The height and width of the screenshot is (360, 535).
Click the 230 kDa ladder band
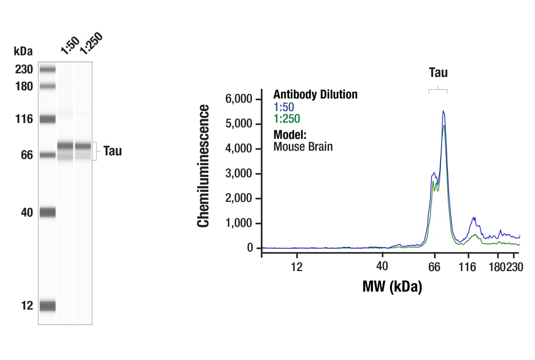pos(47,70)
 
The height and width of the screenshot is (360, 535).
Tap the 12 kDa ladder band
pos(47,306)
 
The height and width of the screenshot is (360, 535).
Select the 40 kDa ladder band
pos(47,213)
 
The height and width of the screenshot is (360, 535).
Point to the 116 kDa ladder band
pos(47,119)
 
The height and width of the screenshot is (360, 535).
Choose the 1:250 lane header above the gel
pos(90,44)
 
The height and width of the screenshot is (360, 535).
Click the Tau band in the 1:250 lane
pos(83,146)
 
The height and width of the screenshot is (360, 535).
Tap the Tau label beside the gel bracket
pos(113,151)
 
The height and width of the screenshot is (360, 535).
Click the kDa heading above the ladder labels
pos(23,51)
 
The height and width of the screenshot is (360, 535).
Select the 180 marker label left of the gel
pos(23,87)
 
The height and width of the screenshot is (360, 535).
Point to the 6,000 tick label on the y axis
pos(239,99)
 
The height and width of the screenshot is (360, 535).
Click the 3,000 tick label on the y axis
pos(239,174)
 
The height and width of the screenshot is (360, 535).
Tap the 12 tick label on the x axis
pos(296,267)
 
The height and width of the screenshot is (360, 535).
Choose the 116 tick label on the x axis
pos(467,267)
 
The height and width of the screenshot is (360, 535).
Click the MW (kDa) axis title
pos(392,286)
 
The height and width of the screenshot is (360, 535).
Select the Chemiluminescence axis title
pos(203,166)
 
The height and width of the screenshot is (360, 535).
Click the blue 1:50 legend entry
pos(284,107)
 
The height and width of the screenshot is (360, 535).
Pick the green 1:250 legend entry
pos(286,119)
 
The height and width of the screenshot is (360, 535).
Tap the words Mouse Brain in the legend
pos(303,147)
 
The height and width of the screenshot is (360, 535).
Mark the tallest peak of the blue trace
pos(443,111)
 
